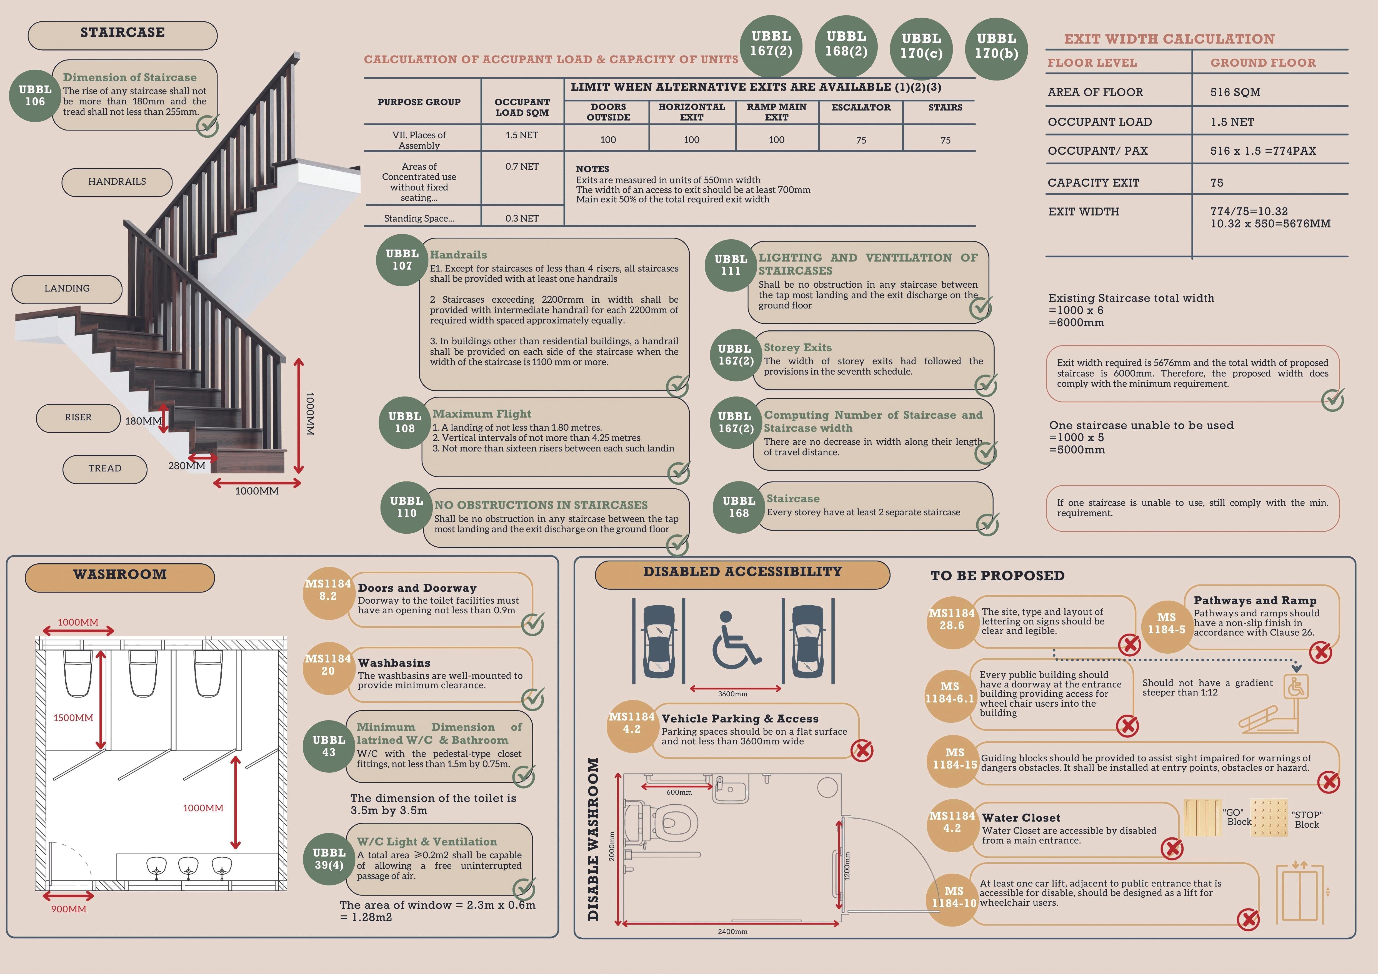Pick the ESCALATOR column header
(861, 107)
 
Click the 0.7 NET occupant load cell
(522, 167)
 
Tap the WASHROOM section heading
(120, 574)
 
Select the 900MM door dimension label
(68, 909)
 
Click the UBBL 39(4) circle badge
(329, 859)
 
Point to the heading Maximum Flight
(481, 414)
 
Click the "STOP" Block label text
(1307, 820)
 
